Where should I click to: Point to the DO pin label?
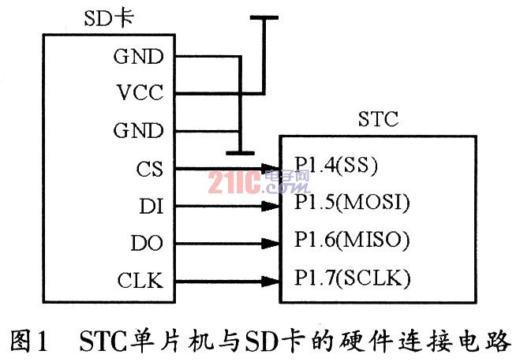coord(147,243)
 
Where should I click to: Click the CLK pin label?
coord(142,280)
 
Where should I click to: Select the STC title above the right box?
coord(378,121)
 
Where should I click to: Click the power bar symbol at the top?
coord(263,17)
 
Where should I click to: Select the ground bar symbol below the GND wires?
coord(238,152)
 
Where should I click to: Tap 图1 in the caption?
coord(27,340)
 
